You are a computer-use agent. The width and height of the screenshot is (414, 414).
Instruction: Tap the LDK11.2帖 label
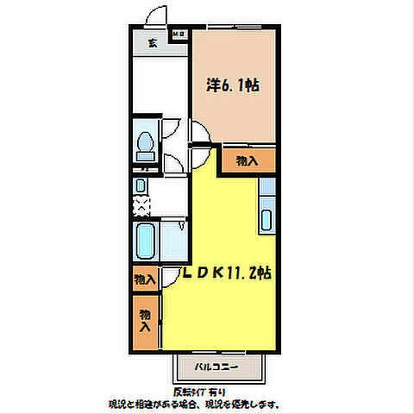(228, 273)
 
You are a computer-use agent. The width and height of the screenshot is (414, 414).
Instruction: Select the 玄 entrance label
(152, 43)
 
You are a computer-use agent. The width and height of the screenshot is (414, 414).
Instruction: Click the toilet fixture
(144, 143)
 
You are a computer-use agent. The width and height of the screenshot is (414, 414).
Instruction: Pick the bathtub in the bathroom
(146, 242)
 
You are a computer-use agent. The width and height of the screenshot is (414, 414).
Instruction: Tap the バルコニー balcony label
(216, 367)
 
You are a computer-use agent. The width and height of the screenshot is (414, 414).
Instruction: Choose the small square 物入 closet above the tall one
(144, 279)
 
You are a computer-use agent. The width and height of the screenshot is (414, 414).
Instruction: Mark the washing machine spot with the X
(141, 205)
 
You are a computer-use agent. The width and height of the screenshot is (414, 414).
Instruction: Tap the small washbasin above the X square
(141, 185)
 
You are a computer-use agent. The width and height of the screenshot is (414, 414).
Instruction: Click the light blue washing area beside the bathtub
(174, 241)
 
